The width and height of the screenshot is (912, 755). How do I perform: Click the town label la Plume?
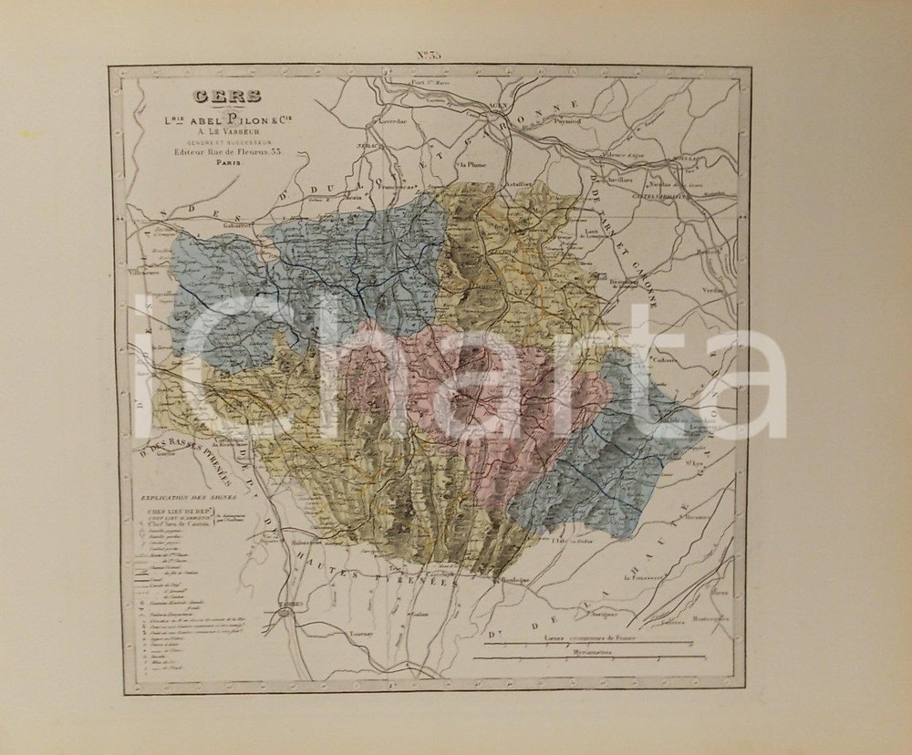[x=474, y=165]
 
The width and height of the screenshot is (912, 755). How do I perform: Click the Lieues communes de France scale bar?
[x=594, y=642]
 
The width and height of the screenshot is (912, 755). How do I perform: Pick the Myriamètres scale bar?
[x=594, y=657]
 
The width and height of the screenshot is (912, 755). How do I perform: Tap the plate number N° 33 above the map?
[x=430, y=55]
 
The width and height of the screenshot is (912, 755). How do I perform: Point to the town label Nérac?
[x=367, y=146]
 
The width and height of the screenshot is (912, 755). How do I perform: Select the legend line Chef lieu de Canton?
[x=180, y=523]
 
